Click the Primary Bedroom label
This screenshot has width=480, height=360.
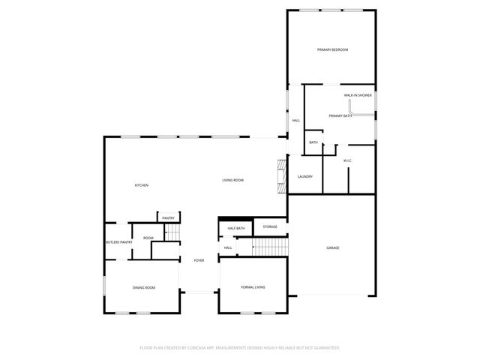(332, 49)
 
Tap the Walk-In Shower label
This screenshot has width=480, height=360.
(358, 95)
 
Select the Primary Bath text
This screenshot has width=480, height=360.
(339, 115)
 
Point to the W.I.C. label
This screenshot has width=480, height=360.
(348, 160)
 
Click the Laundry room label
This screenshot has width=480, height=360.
(304, 176)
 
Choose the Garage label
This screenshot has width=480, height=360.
(332, 247)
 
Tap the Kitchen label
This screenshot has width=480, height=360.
(141, 185)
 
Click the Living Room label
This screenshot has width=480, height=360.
(232, 180)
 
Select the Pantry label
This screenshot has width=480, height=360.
(168, 218)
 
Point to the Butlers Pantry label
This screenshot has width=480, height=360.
(118, 242)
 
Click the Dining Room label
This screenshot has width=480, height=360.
(144, 287)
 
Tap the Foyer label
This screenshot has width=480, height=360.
(199, 260)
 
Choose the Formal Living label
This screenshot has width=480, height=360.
(253, 287)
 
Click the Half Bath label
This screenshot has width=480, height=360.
(236, 227)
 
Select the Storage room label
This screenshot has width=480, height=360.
(270, 226)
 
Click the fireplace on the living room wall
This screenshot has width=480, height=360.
(282, 175)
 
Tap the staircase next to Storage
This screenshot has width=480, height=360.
(270, 245)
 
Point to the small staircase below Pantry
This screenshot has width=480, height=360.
(172, 233)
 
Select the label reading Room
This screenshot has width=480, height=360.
(148, 238)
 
